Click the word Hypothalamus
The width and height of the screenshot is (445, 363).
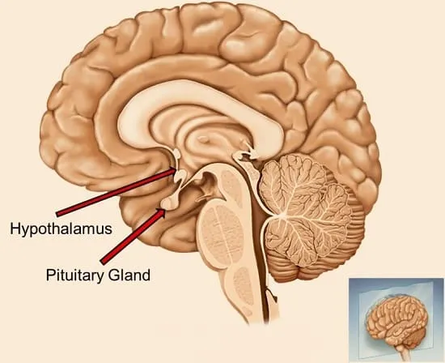coord(61,229)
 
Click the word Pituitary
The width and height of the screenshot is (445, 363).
coord(74,275)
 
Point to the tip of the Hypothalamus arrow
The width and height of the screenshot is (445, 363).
coord(176,169)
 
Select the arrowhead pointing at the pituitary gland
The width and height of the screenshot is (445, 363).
coord(161,212)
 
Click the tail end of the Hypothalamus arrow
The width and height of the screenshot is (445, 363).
coord(58,214)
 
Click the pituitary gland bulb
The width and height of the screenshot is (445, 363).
coord(168,204)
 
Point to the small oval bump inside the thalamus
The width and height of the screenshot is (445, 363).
coord(203,139)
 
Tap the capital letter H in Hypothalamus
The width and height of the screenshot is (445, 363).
coord(15,228)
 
